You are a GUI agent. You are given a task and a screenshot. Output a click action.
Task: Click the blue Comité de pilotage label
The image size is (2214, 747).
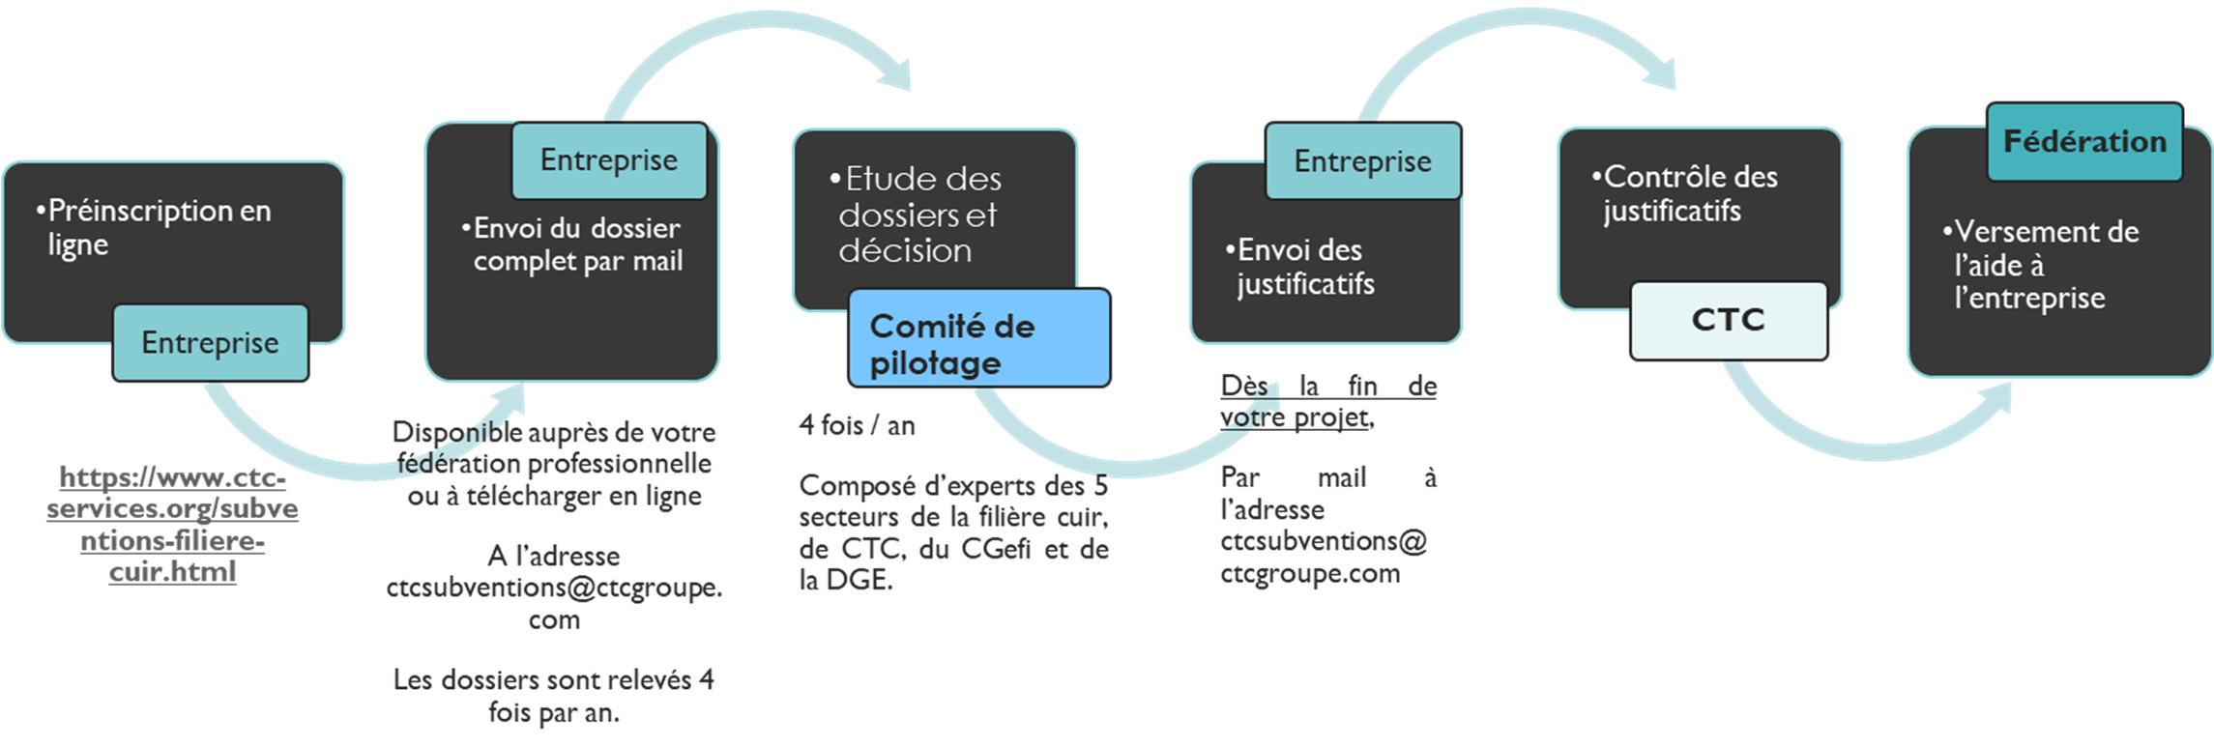click(x=979, y=338)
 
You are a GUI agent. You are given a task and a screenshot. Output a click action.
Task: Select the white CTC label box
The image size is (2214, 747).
click(x=1729, y=321)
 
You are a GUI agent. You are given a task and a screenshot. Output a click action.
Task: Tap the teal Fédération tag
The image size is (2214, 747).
click(x=2084, y=142)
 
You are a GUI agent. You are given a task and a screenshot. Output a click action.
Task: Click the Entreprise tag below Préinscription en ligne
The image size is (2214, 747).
click(x=210, y=343)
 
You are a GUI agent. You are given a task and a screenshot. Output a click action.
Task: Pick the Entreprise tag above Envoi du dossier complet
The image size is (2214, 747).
click(x=609, y=160)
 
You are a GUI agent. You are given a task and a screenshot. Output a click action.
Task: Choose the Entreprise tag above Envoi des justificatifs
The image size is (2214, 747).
click(x=1363, y=161)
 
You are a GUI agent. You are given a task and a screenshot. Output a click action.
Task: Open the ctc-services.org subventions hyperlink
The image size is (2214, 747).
click(x=172, y=524)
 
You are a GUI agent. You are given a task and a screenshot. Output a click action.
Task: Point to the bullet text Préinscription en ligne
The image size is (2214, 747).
click(x=154, y=227)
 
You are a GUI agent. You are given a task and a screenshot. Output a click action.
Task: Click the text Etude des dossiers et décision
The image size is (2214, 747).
click(x=916, y=215)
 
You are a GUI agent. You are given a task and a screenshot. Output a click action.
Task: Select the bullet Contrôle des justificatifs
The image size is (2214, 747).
click(x=1684, y=193)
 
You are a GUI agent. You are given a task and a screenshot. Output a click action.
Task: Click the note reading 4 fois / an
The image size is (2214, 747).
click(x=857, y=425)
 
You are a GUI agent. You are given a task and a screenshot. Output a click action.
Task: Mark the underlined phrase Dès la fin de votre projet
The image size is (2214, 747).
click(x=1328, y=401)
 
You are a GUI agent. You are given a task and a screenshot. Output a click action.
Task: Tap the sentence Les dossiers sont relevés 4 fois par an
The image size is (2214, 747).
click(x=554, y=696)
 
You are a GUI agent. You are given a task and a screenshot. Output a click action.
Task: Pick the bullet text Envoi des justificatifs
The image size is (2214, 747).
click(x=1299, y=267)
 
